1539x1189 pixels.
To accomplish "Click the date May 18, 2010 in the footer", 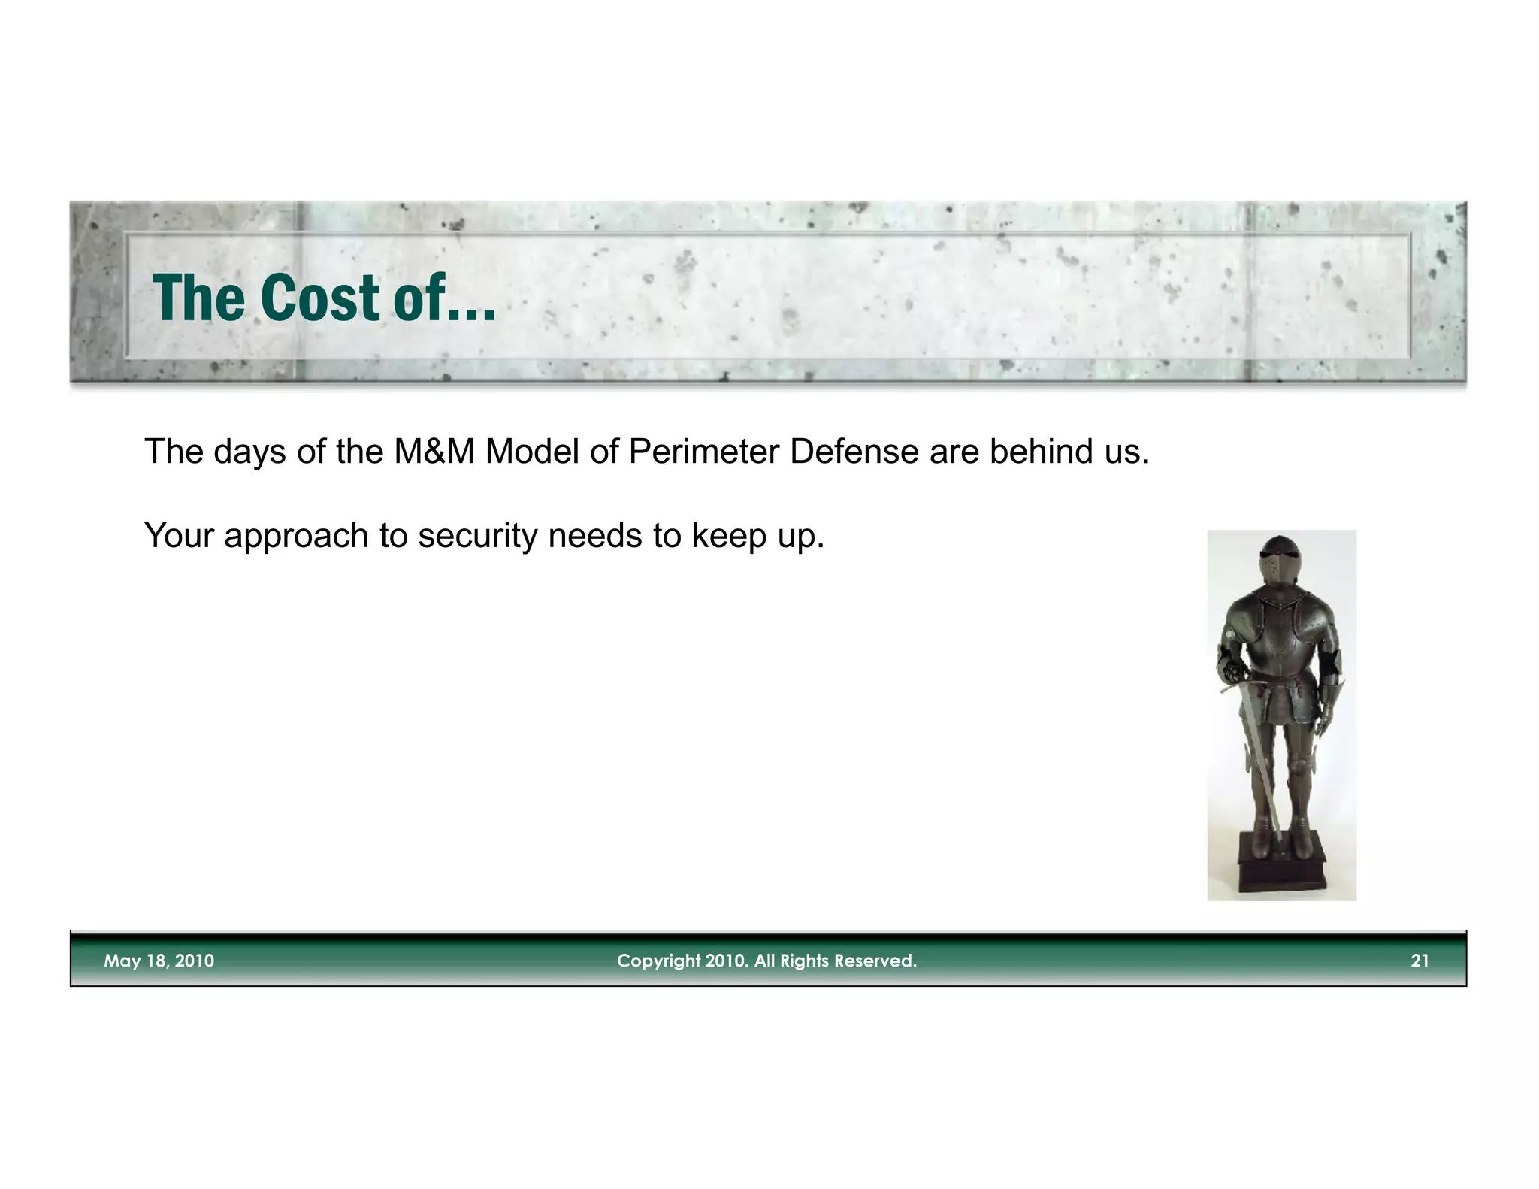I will pos(159,961).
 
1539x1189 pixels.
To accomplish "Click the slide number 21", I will pos(1420,961).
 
